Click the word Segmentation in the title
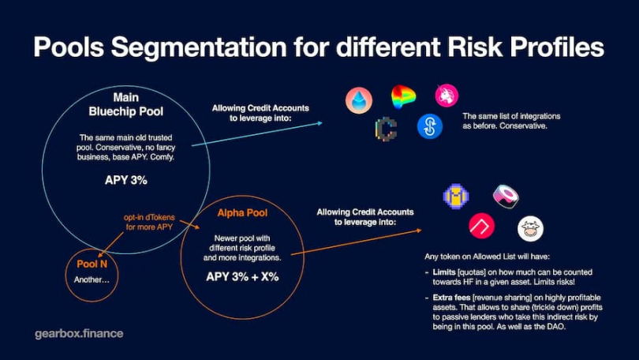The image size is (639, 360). [199, 47]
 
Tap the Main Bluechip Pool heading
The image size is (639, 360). [126, 104]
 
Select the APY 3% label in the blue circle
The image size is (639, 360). [126, 180]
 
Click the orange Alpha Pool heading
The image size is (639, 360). [242, 213]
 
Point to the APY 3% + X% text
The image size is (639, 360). [242, 277]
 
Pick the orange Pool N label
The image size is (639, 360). [92, 264]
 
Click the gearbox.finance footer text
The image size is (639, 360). [79, 333]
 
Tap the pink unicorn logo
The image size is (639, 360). [447, 96]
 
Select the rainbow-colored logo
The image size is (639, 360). [403, 97]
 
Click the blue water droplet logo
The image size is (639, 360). [359, 100]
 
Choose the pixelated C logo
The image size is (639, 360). [386, 129]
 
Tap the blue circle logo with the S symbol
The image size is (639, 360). [430, 126]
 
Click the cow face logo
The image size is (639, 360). [530, 229]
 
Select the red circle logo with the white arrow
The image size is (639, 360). [482, 226]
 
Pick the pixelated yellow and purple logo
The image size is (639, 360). [456, 196]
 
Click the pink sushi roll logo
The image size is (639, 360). [506, 196]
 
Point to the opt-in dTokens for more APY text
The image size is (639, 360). [150, 222]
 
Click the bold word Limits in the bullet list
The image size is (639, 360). [444, 272]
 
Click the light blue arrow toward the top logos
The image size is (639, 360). [256, 133]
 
